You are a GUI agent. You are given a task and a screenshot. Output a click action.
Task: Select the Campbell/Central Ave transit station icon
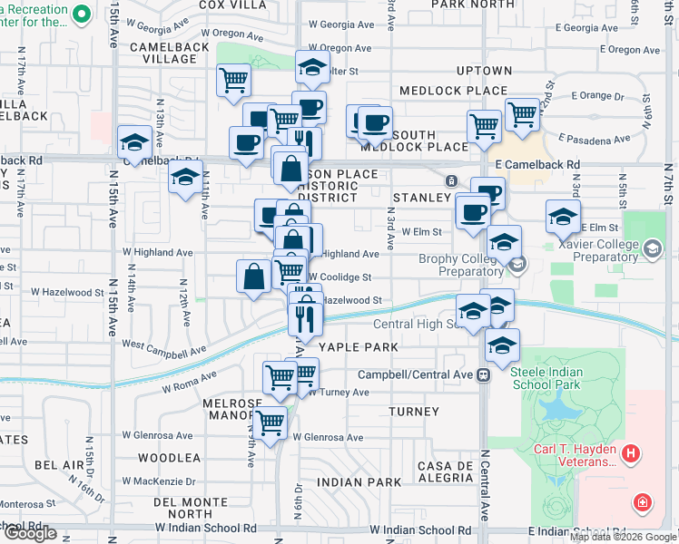(x=485, y=374)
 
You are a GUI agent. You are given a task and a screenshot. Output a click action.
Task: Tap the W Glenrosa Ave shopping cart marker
(x=270, y=423)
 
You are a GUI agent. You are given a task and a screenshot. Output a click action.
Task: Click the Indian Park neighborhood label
(x=359, y=482)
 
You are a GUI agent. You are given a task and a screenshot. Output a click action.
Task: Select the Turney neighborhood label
(x=414, y=412)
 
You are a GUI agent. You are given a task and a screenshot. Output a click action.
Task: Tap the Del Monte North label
(x=183, y=509)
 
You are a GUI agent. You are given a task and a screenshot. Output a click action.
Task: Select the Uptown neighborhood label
(x=485, y=71)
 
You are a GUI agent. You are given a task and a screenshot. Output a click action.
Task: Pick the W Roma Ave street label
(x=190, y=383)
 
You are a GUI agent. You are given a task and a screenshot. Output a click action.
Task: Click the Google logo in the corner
(x=32, y=533)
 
